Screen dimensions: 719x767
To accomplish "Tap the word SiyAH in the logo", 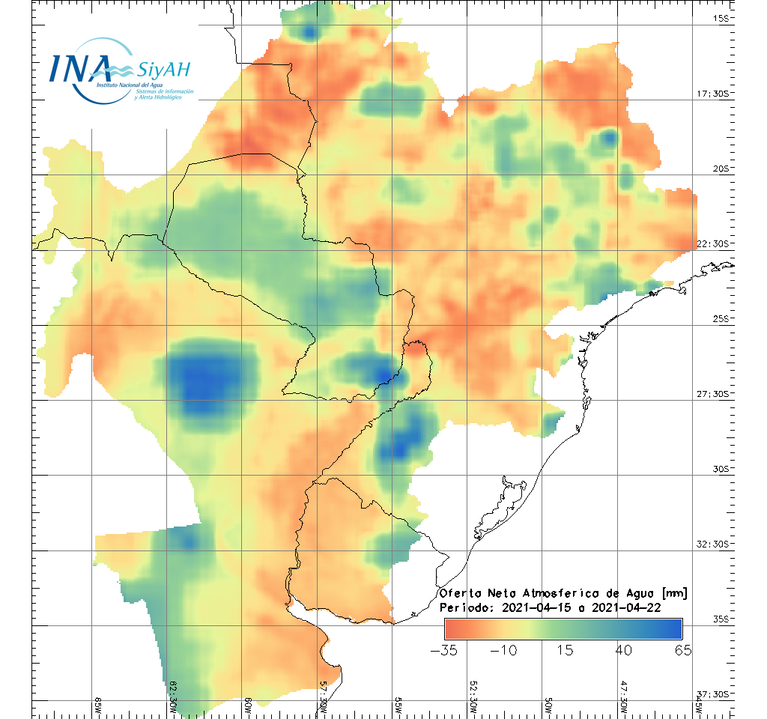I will tap(164, 70).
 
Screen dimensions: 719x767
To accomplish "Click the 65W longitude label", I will tap(98, 705).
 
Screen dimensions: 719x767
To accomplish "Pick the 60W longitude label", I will tap(248, 705).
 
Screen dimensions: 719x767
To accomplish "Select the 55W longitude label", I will tap(398, 705).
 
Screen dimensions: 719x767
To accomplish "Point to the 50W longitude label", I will tap(548, 705).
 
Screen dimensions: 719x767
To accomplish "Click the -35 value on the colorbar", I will tap(445, 649).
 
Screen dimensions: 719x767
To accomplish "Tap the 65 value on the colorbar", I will tap(682, 649).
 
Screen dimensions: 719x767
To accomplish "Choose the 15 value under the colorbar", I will tap(564, 649).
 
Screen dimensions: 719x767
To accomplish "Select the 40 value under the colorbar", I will tap(623, 649).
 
